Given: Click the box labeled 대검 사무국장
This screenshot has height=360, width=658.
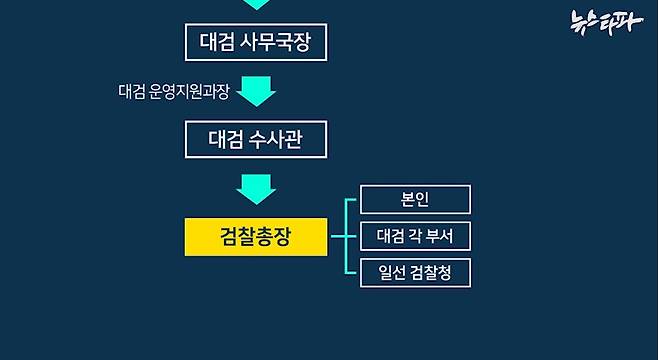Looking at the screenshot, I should tap(256, 42).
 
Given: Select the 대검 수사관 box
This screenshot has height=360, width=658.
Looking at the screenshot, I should tap(256, 139).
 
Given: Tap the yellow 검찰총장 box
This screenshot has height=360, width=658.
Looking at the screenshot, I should tap(256, 237).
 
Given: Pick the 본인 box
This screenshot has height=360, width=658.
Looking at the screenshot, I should tap(415, 199).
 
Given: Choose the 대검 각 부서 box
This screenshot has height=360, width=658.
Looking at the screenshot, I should tap(415, 236).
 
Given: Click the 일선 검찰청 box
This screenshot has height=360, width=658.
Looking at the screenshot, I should tap(415, 272).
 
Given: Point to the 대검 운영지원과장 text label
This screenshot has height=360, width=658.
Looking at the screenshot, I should tap(173, 92).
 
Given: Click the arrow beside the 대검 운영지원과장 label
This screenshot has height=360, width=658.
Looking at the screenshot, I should tap(257, 92).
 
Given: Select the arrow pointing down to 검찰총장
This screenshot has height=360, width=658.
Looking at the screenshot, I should tap(257, 187).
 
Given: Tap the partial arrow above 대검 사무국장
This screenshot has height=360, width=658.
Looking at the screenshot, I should tap(257, 4).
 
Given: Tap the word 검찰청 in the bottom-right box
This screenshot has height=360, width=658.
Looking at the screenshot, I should tap(430, 272).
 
